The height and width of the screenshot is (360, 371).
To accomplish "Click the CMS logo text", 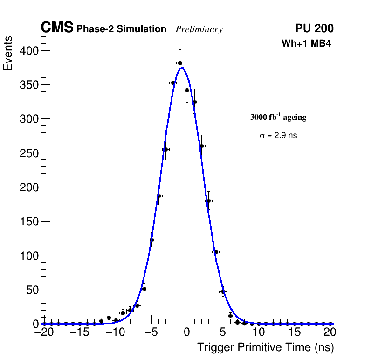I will (57, 28).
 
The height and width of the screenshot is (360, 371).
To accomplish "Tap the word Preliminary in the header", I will (199, 29).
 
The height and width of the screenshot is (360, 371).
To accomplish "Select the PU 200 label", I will (314, 28).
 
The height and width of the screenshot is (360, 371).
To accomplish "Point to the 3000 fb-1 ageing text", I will (278, 117).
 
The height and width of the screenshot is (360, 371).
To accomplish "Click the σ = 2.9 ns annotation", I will (278, 136).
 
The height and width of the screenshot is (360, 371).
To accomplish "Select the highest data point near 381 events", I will (180, 63).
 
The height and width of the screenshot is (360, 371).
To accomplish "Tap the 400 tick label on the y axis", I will (28, 50).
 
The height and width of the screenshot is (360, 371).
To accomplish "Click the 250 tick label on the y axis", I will (28, 153).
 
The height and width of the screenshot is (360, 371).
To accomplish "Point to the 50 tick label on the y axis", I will (31, 290).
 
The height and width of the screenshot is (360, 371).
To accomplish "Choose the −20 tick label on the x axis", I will (45, 332).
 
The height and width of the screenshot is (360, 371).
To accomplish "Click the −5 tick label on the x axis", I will (151, 332).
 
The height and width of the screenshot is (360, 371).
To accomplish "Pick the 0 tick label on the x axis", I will (187, 332).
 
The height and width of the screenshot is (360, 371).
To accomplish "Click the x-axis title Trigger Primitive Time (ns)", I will (265, 347).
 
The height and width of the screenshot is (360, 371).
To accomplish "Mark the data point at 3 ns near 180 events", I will (208, 201).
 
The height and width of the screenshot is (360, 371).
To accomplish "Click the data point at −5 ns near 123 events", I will (151, 240).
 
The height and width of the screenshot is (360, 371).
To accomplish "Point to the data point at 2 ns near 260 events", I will (201, 146).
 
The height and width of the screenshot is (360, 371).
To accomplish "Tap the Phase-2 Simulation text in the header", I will (121, 29).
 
